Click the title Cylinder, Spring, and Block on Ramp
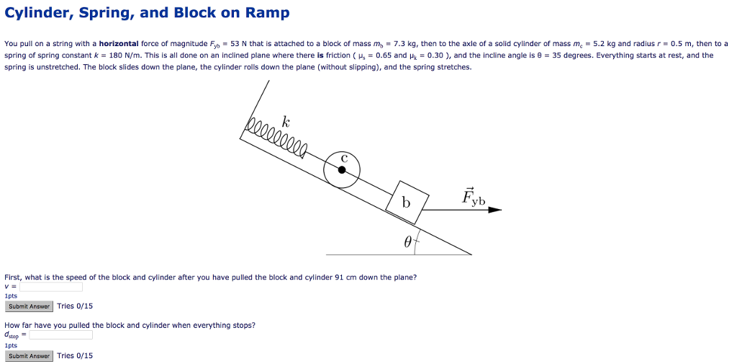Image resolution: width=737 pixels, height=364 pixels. pos(147,13)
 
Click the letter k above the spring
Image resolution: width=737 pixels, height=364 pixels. pos(286,120)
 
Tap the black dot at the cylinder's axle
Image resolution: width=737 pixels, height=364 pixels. pos(342,170)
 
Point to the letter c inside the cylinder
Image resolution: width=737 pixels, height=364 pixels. pos(344,158)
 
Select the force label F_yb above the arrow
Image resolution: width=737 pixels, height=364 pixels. pos(474,196)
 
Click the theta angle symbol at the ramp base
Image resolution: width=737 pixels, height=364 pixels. pos(407,244)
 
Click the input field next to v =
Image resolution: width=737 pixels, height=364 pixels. pos(51,287)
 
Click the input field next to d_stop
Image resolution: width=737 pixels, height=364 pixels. pos(61,334)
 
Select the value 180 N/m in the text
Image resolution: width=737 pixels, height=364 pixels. pos(124,56)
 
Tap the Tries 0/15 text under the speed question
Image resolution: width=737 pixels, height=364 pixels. pos(75,306)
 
